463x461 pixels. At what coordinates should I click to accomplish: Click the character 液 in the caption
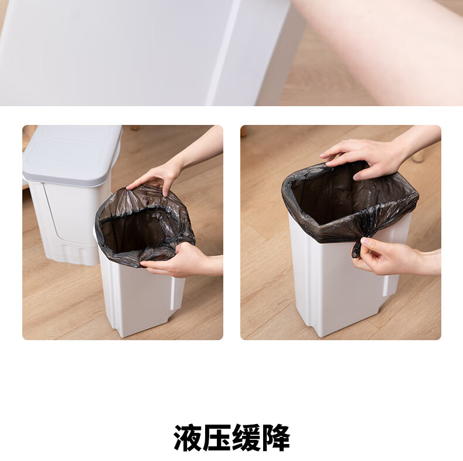[188, 438]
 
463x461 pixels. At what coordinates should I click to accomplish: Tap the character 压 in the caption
[217, 438]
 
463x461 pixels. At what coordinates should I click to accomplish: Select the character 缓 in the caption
[246, 438]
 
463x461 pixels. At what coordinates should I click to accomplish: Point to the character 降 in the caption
[275, 438]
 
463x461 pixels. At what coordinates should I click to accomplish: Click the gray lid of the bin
[72, 155]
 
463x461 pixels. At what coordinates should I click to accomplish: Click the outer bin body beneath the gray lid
[68, 222]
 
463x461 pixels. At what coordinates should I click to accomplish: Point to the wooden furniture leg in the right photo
[418, 155]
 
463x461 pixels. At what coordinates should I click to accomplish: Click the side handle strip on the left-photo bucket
[173, 293]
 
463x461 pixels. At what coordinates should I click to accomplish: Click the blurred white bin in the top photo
[148, 53]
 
